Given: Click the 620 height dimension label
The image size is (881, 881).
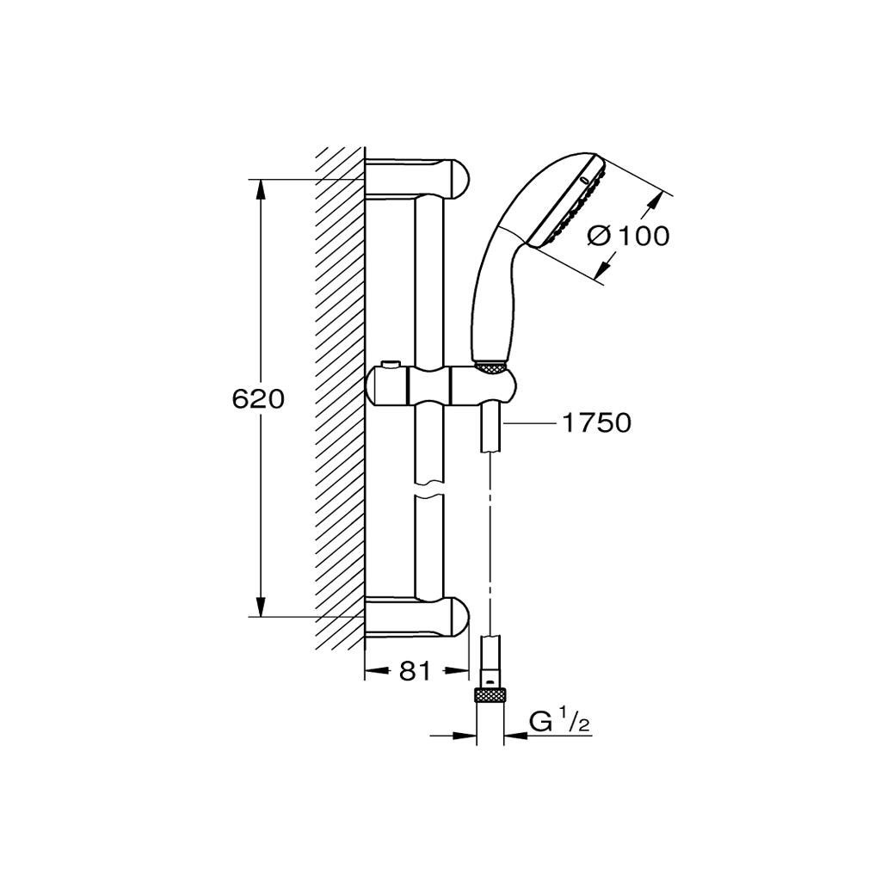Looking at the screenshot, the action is pyautogui.click(x=258, y=399).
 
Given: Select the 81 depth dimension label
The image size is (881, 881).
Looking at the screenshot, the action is pyautogui.click(x=415, y=670).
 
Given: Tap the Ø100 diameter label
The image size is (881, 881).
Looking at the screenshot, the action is pyautogui.click(x=628, y=236).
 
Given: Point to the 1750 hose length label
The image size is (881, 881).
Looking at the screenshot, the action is pyautogui.click(x=597, y=422).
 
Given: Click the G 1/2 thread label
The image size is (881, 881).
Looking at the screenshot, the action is pyautogui.click(x=560, y=722).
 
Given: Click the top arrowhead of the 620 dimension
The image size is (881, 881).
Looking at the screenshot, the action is pyautogui.click(x=260, y=190).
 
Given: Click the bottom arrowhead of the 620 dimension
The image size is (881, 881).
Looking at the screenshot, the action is pyautogui.click(x=260, y=606).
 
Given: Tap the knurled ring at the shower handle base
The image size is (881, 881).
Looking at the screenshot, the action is pyautogui.click(x=490, y=367).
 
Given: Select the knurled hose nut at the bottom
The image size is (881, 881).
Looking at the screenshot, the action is pyautogui.click(x=490, y=694).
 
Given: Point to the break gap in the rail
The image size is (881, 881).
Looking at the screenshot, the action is pyautogui.click(x=429, y=489).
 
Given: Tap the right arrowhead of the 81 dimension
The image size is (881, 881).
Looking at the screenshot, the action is pyautogui.click(x=456, y=670).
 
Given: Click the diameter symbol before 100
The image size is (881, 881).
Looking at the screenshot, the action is pyautogui.click(x=599, y=236).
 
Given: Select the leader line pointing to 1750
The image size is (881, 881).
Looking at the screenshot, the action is pyautogui.click(x=528, y=422).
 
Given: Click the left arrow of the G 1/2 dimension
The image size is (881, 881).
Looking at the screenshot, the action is pyautogui.click(x=465, y=735).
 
